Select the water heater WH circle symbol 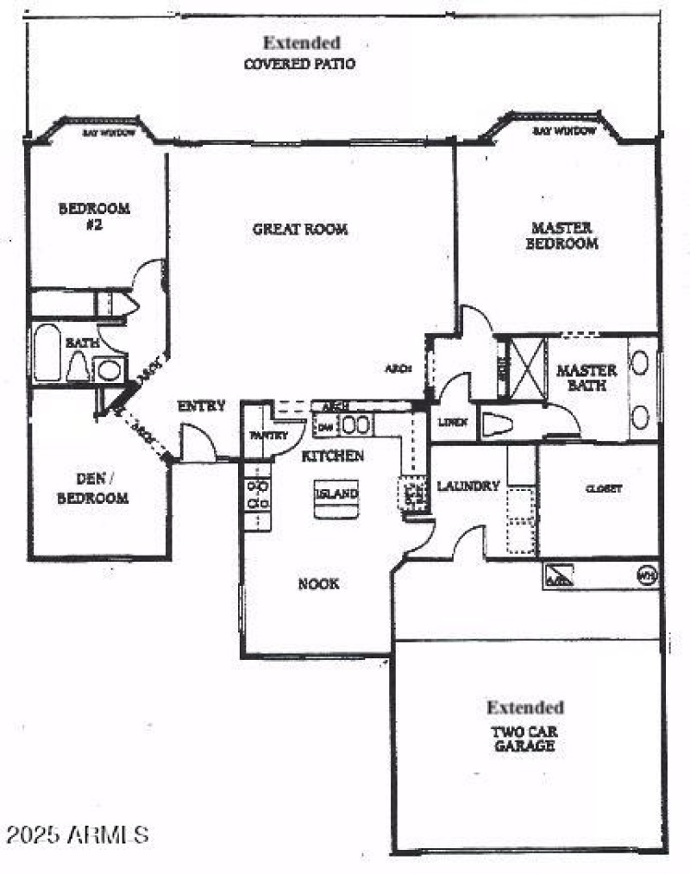coord(645,574)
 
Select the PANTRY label coord(269,436)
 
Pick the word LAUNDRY coord(468,487)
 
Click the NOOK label coord(318,584)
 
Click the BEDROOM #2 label coord(94,216)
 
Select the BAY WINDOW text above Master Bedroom coord(564,131)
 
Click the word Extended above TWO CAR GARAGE coord(525,707)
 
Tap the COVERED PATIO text coord(299,64)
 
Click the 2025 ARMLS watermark coord(78,834)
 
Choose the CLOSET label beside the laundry coord(603,488)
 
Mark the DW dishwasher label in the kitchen coord(325,425)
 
